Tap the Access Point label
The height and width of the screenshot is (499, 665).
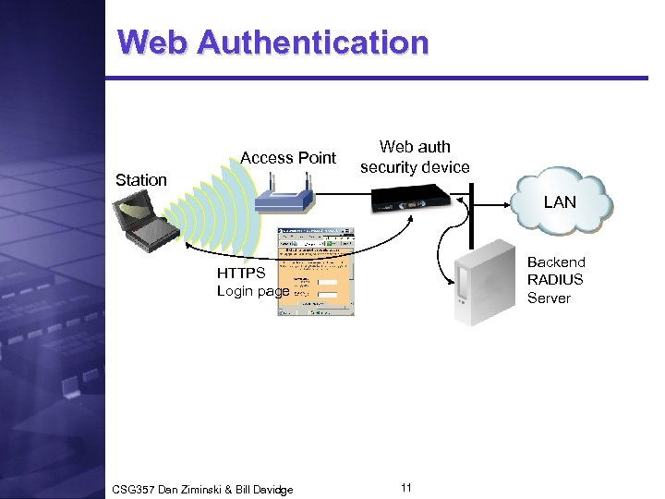click(288, 158)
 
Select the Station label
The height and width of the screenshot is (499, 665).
click(141, 179)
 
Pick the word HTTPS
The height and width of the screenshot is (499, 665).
click(242, 273)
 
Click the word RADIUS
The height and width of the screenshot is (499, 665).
click(555, 279)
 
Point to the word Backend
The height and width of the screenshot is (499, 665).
click(556, 262)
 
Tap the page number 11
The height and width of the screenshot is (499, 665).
click(406, 486)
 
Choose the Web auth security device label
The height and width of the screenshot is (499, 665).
click(415, 156)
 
